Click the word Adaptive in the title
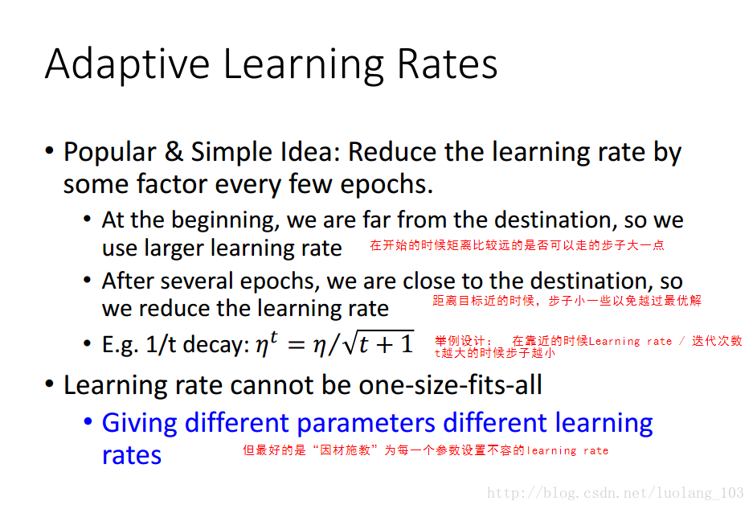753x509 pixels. [128, 64]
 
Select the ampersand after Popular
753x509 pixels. [174, 151]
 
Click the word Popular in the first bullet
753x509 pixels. [110, 153]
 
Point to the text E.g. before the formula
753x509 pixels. [120, 345]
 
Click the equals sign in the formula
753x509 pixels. [296, 345]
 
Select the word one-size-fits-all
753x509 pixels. [451, 384]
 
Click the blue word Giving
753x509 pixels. [140, 424]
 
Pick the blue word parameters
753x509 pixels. [366, 424]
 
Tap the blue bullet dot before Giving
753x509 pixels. [88, 422]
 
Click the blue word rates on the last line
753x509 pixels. [132, 454]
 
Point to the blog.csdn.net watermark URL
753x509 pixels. [615, 493]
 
